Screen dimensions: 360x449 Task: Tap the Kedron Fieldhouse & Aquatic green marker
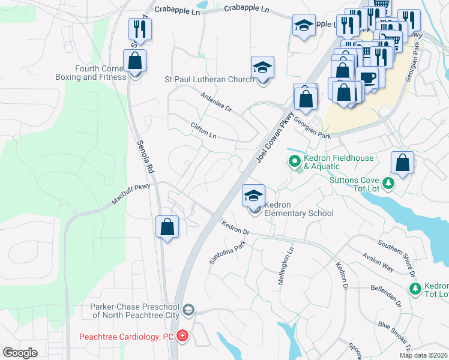(x=294, y=161)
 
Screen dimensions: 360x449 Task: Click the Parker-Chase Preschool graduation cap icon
(x=188, y=310)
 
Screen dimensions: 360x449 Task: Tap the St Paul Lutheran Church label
(x=209, y=80)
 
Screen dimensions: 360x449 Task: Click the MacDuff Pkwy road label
(x=130, y=196)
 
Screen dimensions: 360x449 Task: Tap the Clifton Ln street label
(x=203, y=131)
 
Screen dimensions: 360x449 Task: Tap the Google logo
(x=20, y=353)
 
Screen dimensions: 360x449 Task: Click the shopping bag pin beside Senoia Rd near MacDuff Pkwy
(x=167, y=227)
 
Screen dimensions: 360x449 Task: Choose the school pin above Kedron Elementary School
(x=254, y=196)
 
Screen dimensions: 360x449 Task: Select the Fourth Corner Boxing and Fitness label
(x=91, y=73)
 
